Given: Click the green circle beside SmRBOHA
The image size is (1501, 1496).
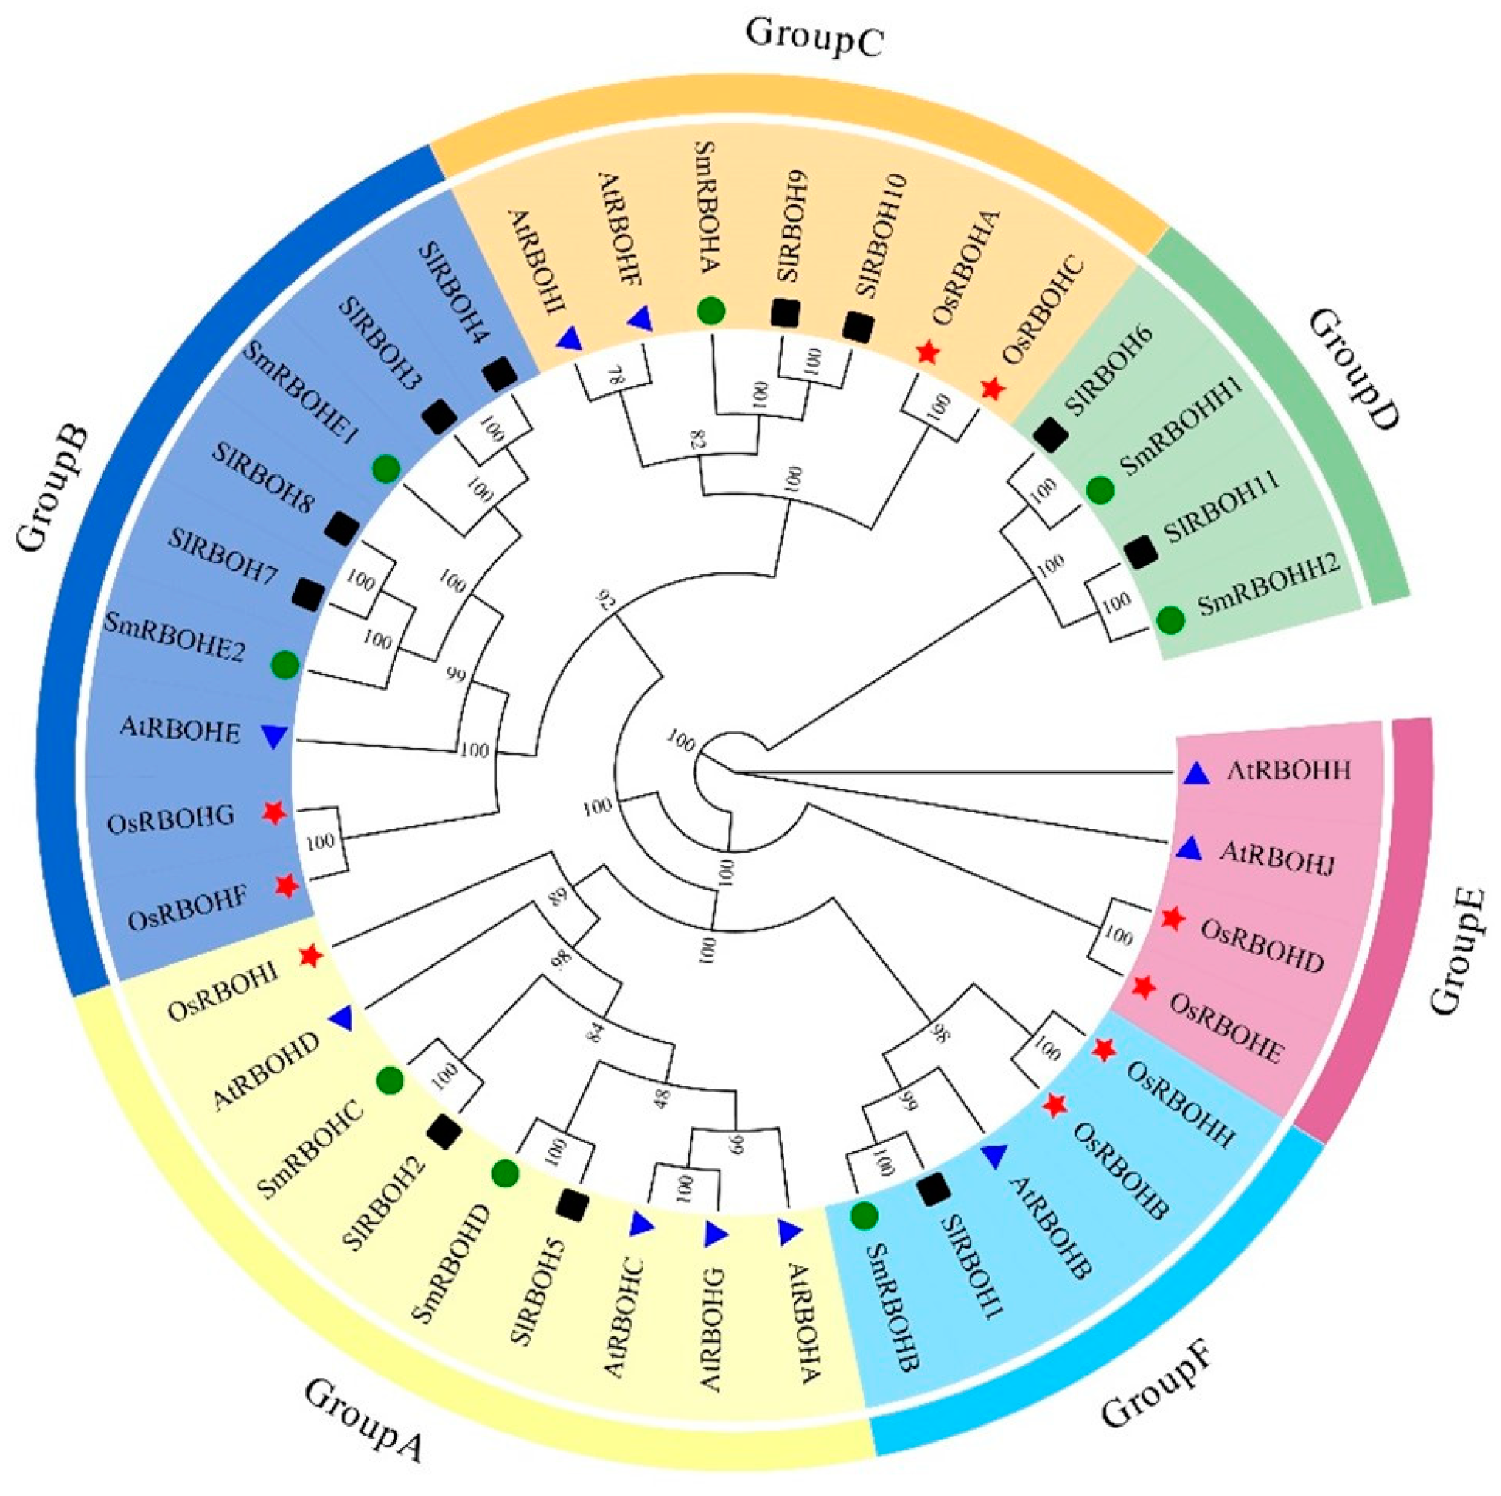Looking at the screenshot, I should [x=711, y=311].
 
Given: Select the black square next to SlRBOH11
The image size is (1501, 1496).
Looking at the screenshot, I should [x=1142, y=552].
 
